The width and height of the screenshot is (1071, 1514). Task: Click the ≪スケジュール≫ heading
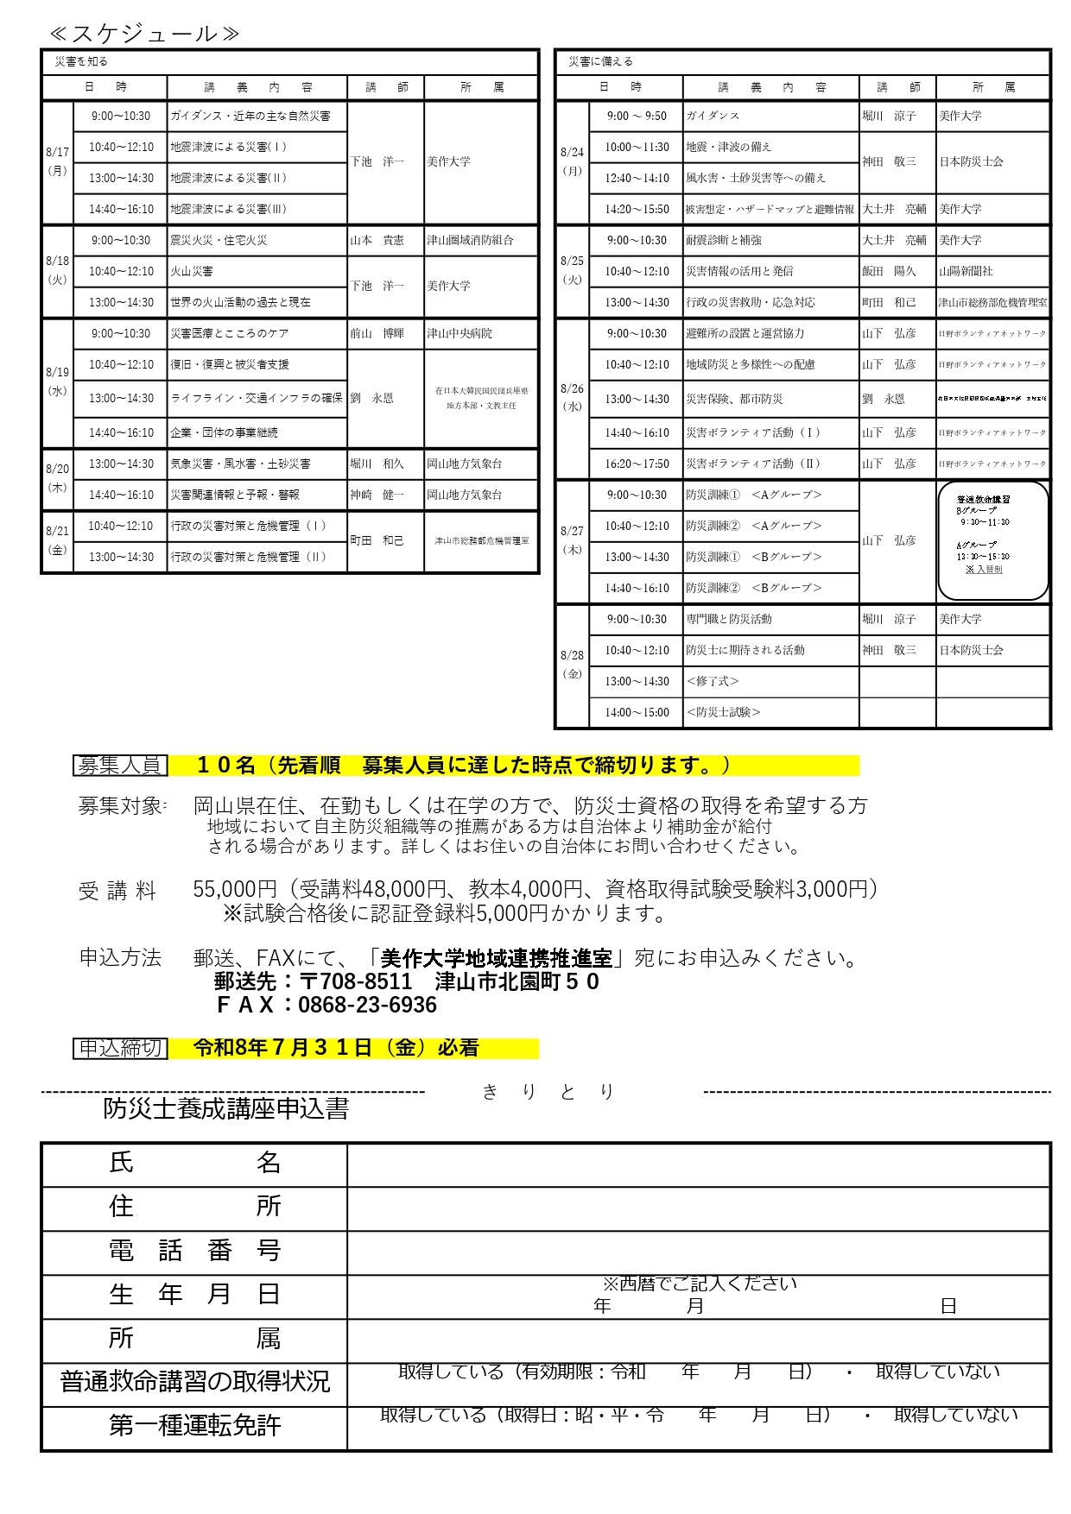(x=144, y=34)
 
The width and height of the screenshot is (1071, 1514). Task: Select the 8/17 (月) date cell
(x=57, y=161)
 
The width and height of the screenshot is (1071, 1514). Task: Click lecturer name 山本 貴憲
(x=377, y=240)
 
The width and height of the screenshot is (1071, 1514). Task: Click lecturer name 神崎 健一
(x=377, y=495)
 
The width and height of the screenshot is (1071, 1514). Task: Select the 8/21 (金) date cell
(x=57, y=541)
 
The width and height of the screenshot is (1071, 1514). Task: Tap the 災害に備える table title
(x=600, y=61)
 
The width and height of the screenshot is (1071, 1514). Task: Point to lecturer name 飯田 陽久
(x=888, y=271)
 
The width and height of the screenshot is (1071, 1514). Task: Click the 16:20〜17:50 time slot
(x=637, y=464)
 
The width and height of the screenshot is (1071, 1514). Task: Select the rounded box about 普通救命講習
(x=992, y=540)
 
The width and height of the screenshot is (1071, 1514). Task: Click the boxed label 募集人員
(x=120, y=765)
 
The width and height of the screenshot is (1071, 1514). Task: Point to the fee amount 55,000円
(x=235, y=889)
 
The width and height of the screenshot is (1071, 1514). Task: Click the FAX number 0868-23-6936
(x=367, y=1005)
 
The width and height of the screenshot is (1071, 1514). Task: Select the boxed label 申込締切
(x=120, y=1048)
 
